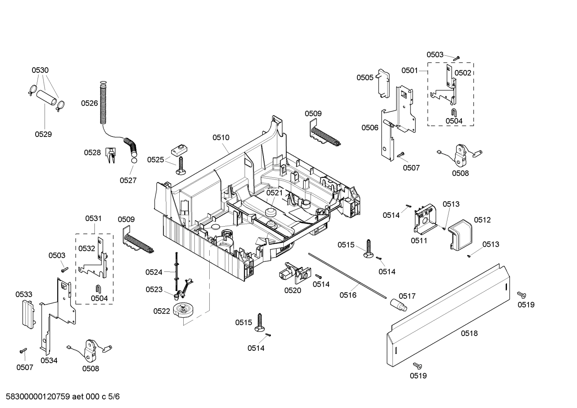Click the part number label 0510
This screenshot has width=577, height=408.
[x=221, y=137]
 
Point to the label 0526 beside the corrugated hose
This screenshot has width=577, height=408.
[x=89, y=103]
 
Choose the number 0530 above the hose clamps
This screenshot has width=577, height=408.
[x=40, y=70]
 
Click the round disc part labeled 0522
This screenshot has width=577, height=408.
[x=184, y=311]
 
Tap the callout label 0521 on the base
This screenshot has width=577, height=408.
[x=274, y=193]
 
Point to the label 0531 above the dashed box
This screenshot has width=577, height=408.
[x=93, y=218]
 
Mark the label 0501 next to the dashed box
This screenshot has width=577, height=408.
[x=409, y=70]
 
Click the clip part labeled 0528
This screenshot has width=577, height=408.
[x=110, y=155]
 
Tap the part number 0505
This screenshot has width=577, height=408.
[x=365, y=77]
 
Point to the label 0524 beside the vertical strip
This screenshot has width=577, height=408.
[x=154, y=272]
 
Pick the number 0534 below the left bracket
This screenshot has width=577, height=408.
[x=49, y=360]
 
